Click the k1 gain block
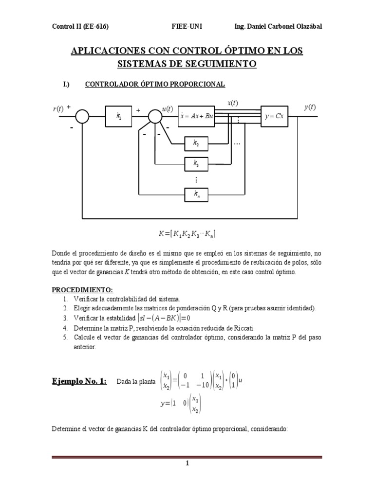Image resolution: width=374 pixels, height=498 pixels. pos(119,116)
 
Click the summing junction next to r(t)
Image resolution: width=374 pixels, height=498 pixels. pos(83,117)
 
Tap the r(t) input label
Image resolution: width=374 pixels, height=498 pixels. pos(58,109)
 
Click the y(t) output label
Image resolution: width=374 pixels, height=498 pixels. pos(310,107)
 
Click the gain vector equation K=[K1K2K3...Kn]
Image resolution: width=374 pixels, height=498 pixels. pos(187,234)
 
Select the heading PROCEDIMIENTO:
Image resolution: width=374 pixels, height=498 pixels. pos(82,290)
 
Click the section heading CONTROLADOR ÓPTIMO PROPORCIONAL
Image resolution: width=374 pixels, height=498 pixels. pos(155,84)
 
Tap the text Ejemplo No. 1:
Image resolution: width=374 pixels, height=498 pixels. pos(80,381)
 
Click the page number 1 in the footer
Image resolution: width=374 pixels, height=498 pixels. pos(187,463)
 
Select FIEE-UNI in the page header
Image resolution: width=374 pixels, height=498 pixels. pos(187,26)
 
